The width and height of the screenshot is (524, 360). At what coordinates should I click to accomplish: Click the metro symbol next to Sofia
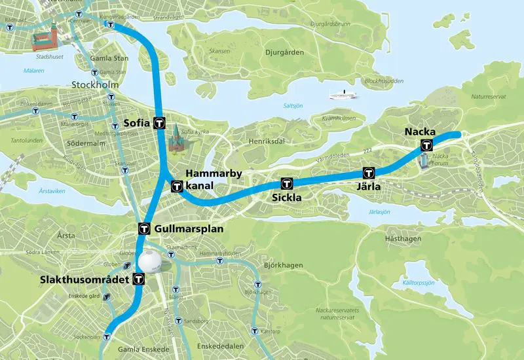point(159,122)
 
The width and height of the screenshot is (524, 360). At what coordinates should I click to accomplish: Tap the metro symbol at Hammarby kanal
point(176,187)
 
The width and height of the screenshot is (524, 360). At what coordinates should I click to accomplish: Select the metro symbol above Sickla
point(286,183)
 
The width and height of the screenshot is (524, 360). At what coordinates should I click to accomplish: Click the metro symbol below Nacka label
point(427,146)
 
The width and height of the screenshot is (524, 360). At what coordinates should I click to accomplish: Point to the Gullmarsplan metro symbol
point(145,229)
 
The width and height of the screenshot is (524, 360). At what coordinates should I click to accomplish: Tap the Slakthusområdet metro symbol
point(138,279)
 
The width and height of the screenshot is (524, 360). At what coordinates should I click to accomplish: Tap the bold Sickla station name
point(286,196)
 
